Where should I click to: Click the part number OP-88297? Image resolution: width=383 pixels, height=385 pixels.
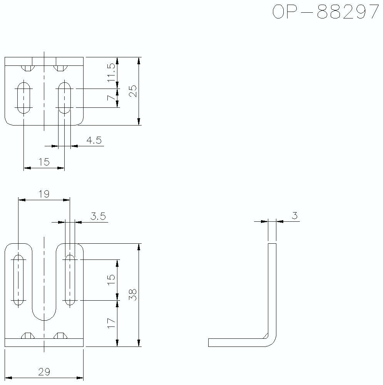tap(325, 12)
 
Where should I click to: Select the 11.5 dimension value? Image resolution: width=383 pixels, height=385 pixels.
tap(111, 72)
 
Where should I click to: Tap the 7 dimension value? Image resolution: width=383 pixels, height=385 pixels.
tap(111, 98)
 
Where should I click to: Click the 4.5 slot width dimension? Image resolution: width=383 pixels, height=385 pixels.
tap(94, 141)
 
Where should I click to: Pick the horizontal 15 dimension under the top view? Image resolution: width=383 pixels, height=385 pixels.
tap(44, 162)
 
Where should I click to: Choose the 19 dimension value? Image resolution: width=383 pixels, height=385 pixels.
tap(44, 194)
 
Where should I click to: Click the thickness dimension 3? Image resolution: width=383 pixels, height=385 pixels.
tap(294, 216)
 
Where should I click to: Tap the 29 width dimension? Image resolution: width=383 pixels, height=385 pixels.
tap(44, 372)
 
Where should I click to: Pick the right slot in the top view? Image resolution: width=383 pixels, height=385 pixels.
tap(64, 97)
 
